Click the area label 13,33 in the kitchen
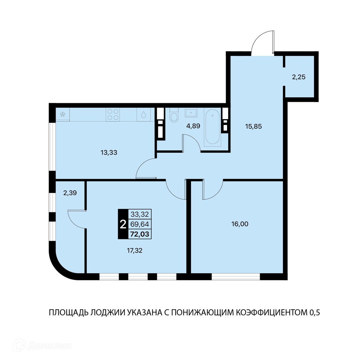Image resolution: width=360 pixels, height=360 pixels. click(109, 152)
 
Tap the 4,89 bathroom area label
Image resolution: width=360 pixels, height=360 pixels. click(193, 126)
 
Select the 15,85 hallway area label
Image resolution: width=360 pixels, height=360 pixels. click(253, 127)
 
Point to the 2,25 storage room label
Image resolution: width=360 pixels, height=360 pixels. click(299, 77)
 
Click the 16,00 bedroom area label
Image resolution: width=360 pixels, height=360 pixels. click(240, 224)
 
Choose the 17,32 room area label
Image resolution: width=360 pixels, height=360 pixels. click(135, 250)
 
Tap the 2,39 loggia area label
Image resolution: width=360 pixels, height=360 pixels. click(70, 193)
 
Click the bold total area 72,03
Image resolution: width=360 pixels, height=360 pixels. click(140, 234)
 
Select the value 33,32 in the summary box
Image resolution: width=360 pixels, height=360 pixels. click(140, 214)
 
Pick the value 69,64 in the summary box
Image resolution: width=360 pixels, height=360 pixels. click(140, 224)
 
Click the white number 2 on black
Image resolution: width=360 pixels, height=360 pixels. click(123, 224)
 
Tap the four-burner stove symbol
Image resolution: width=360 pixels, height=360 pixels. click(113, 114)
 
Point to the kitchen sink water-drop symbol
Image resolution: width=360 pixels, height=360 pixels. click(143, 114)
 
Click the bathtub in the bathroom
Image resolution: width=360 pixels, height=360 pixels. click(213, 127)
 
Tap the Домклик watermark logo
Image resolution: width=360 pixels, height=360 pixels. click(42, 346)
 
